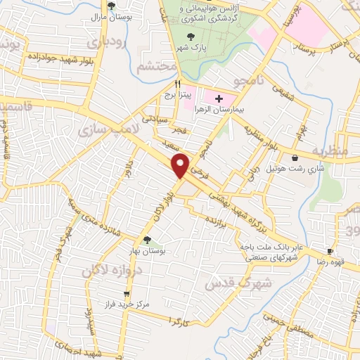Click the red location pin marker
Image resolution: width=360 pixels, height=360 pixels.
point(181,165)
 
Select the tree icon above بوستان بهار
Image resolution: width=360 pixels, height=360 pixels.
point(147,240)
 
